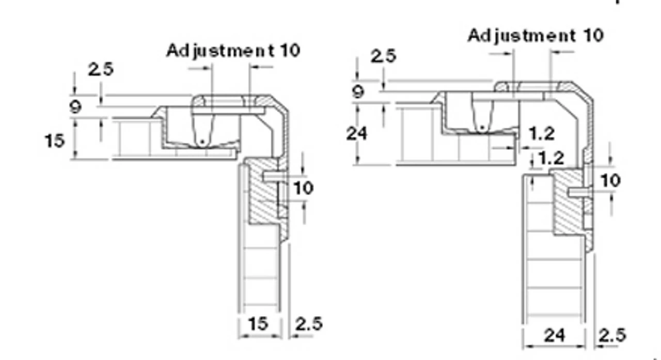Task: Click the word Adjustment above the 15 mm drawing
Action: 220,51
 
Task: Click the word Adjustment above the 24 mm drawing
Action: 522,36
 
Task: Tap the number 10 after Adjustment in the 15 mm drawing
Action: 290,51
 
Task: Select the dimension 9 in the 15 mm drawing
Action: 75,106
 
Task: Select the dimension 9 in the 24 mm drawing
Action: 358,92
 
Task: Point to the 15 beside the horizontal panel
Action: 55,141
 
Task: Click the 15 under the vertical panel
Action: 259,324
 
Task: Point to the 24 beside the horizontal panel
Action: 357,134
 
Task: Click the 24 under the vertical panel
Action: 554,336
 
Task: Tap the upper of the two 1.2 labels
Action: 542,134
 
